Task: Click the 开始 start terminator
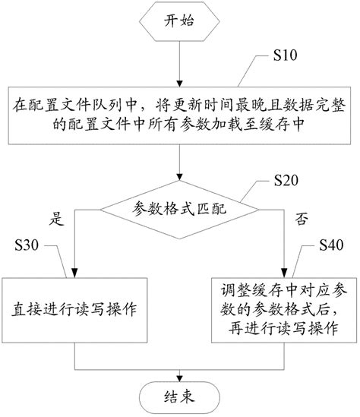(x=179, y=22)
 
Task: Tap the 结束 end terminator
(x=179, y=395)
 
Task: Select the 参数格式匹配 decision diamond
(x=179, y=207)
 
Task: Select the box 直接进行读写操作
(x=74, y=310)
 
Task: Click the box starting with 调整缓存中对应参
(x=283, y=310)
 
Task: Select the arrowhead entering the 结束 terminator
(x=179, y=375)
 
